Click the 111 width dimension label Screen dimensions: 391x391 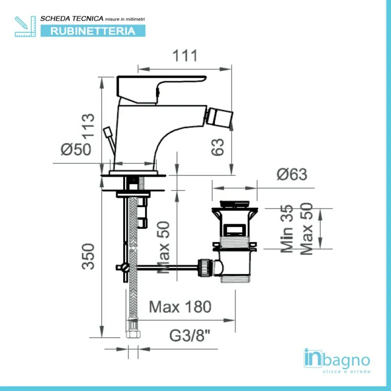point(185,55)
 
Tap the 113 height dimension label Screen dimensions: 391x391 point(88,125)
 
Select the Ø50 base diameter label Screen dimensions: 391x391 point(76,149)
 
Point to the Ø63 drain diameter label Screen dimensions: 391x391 point(292,174)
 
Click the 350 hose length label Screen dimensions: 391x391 point(88,257)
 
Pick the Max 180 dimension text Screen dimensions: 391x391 point(180,307)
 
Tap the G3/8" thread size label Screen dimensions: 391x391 point(190,336)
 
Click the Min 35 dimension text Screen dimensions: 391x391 point(287,229)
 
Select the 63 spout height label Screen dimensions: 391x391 point(217,147)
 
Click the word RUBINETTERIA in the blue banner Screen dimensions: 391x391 point(93,31)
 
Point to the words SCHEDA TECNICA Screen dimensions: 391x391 point(72,19)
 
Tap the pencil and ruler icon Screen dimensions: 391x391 point(25,26)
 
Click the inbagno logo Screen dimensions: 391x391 point(337,361)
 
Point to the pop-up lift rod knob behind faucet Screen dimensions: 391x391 point(108,132)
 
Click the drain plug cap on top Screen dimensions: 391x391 point(235,204)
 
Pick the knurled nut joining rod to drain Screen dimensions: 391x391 point(204,268)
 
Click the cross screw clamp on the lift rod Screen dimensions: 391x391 point(124,267)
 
